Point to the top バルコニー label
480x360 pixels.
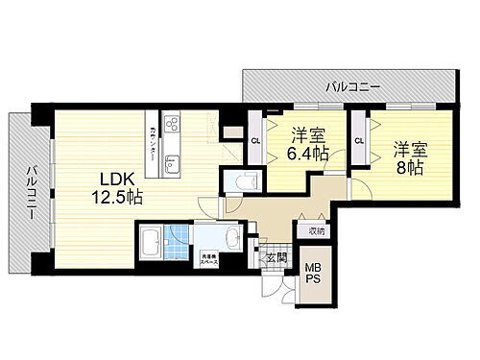(x=351, y=87)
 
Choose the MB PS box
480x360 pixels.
(x=314, y=273)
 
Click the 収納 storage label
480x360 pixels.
(x=317, y=230)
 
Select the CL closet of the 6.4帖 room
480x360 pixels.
(x=254, y=141)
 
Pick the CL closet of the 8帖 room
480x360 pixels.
(x=359, y=141)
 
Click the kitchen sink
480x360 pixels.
(x=174, y=159)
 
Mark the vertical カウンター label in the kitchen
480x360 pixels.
(x=153, y=142)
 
